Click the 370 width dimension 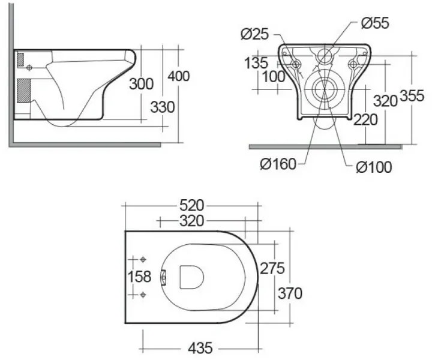[x=289, y=293]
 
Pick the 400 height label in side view [x=178, y=76]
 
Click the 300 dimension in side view [x=141, y=84]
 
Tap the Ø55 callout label [x=375, y=23]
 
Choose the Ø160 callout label [x=278, y=164]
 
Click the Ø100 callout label [x=373, y=167]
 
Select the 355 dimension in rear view [x=413, y=95]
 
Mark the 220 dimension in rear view [x=365, y=119]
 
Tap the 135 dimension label [x=256, y=62]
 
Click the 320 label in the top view [x=192, y=221]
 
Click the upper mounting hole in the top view [x=143, y=259]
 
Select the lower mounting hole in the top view [x=143, y=294]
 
